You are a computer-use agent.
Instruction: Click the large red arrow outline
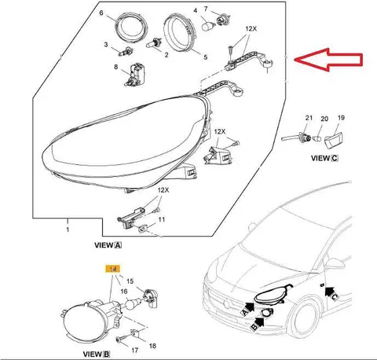click(328, 60)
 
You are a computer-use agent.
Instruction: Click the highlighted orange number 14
click(112, 269)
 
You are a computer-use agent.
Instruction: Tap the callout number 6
click(101, 13)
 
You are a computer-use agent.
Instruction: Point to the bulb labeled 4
click(208, 27)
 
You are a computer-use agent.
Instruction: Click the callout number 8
click(115, 67)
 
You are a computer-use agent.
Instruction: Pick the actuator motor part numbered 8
click(134, 75)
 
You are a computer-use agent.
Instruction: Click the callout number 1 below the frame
click(68, 230)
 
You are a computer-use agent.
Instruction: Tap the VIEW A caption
click(108, 245)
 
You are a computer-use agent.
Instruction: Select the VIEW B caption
click(97, 354)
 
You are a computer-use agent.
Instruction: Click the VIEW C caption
click(324, 158)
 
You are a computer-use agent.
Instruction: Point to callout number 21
click(309, 118)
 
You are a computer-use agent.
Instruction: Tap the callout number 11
click(162, 219)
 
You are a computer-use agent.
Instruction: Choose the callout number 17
click(134, 351)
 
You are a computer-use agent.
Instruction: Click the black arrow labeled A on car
click(248, 307)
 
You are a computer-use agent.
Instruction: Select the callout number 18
click(152, 346)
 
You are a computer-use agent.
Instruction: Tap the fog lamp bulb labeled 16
click(132, 304)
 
